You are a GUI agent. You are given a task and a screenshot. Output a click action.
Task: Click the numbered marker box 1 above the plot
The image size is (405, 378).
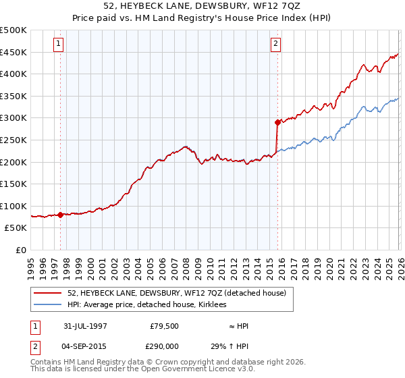60,45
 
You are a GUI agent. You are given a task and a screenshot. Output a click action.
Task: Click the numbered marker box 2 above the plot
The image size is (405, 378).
276,45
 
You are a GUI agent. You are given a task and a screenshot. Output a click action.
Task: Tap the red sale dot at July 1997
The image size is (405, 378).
61,215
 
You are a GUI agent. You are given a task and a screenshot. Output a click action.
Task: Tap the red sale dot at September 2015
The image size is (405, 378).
277,122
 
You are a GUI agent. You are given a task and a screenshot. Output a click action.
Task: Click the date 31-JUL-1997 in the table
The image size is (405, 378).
85,326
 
